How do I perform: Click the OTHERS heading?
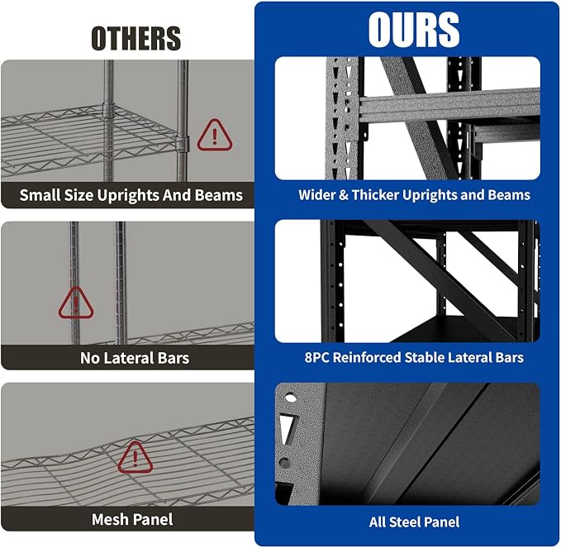coord(136,38)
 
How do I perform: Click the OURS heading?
coord(414,30)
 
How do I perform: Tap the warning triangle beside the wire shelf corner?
coord(215,135)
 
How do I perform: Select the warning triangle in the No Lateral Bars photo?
coord(76,303)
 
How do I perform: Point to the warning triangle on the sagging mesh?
coord(135,457)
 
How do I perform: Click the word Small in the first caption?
coord(40,195)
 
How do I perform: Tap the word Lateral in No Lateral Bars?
coord(129,358)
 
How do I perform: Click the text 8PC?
coord(317,357)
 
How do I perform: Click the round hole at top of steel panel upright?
coord(290,398)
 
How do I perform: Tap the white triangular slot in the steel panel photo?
coord(287,429)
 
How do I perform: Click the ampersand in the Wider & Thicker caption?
coord(344,195)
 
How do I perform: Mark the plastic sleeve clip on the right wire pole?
coord(183,144)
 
